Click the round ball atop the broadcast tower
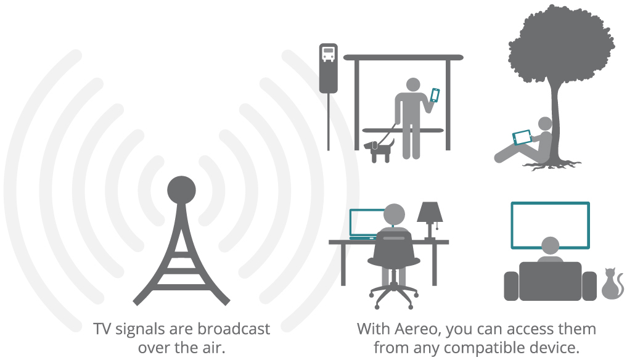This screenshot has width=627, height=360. pos(181,190)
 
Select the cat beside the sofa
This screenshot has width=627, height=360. pos(613,284)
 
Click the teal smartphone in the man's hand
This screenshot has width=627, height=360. pos(435,95)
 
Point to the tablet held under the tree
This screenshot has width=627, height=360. pos(522,137)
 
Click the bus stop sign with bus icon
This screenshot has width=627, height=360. pos(328,68)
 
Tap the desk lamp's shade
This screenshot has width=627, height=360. pos(430,211)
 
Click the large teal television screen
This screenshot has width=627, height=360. pos(550,225)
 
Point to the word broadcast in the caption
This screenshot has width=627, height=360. pos(234,329)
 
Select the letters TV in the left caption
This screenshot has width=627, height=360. pos(102,329)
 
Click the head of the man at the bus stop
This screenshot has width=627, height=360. pos(413,85)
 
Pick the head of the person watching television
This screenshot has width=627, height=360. pos(550,245)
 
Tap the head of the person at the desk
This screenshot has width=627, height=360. pos(394,215)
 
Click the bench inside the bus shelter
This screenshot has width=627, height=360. pos(403,131)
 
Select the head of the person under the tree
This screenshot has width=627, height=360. pos(545,124)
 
